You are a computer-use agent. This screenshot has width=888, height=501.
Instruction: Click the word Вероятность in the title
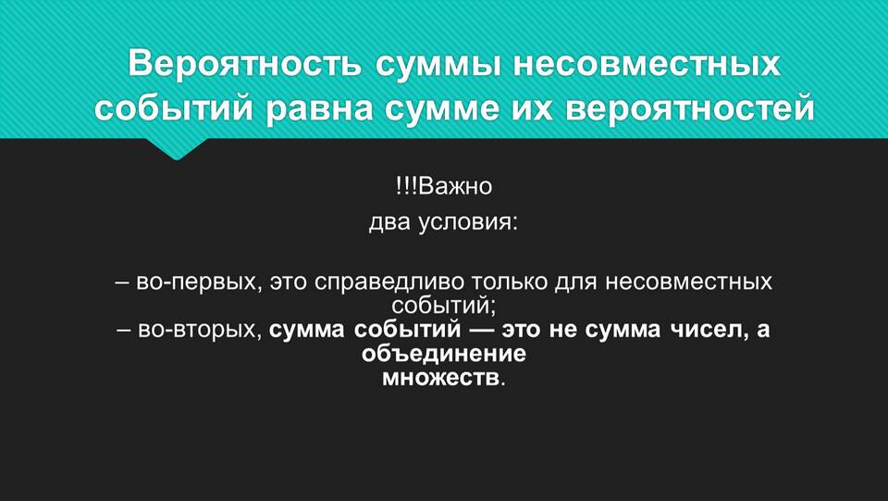[x=244, y=64]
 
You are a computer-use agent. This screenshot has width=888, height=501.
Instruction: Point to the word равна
[x=320, y=109]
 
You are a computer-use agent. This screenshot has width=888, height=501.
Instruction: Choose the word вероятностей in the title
[x=690, y=108]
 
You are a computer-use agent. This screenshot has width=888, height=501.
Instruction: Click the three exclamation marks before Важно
[x=408, y=186]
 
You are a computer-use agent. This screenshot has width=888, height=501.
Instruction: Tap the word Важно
[x=456, y=186]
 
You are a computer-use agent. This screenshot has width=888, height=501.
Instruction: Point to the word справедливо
[x=388, y=282]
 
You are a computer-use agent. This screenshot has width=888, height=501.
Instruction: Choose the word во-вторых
[x=200, y=330]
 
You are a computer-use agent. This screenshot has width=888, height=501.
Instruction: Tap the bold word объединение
[x=443, y=354]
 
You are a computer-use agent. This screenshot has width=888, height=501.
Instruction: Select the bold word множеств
[x=441, y=378]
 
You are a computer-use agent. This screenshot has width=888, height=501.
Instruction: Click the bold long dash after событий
[x=480, y=330]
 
